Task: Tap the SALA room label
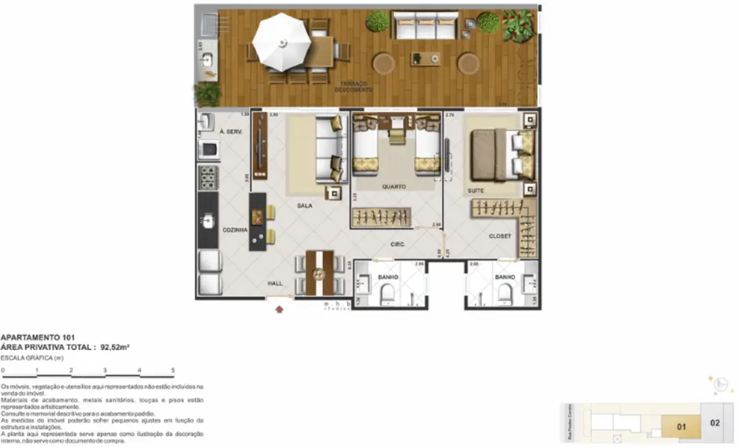[x=305, y=205]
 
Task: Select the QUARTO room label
[x=394, y=186]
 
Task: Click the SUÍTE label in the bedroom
[x=475, y=190]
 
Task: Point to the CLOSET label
[x=500, y=236]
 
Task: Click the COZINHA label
[x=234, y=230]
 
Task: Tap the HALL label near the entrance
[x=275, y=283]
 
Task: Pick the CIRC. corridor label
[x=397, y=245]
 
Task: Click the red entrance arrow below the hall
[x=279, y=309]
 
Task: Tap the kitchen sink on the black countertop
[x=208, y=221]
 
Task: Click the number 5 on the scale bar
[x=173, y=371]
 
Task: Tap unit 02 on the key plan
[x=714, y=422]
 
